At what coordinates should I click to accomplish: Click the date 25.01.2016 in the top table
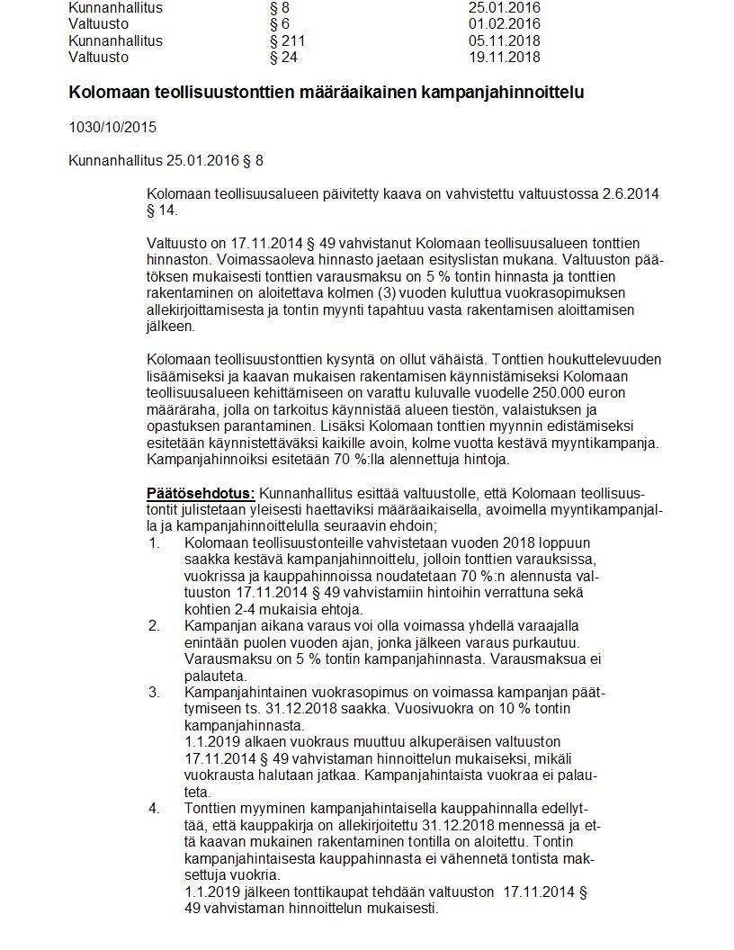tap(504, 7)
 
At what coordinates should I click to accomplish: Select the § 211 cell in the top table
tap(287, 40)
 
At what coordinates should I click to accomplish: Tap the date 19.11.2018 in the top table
tap(504, 58)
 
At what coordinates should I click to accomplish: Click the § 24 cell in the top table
tap(283, 58)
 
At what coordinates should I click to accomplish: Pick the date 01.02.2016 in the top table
tap(504, 24)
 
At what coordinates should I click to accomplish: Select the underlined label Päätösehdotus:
tap(201, 493)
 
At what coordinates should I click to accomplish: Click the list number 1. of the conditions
tap(154, 542)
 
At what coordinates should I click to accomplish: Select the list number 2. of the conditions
tap(154, 626)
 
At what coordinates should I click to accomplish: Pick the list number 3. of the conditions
tap(154, 692)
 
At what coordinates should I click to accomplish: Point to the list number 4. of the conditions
tap(154, 808)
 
